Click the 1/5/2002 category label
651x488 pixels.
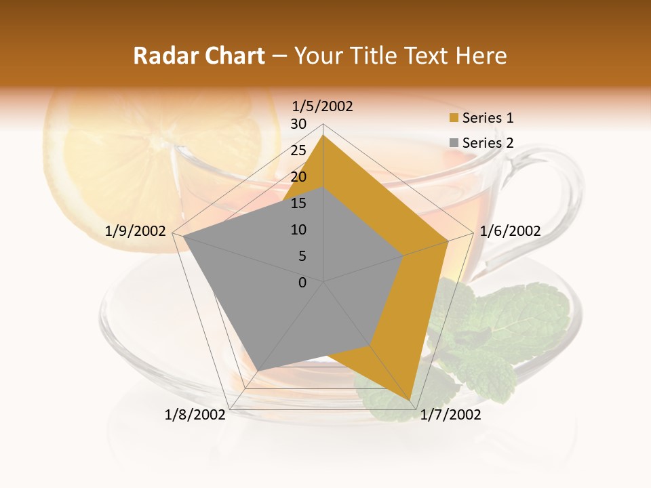coord(322,106)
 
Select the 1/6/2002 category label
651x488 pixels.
coord(510,231)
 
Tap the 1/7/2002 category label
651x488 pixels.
coord(450,415)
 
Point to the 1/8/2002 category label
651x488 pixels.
coord(195,415)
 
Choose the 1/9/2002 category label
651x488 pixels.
coord(136,231)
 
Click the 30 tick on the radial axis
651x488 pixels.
coord(298,124)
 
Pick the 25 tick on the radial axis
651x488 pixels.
coord(298,150)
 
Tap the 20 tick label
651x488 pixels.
coord(298,177)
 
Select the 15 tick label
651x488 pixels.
coord(298,203)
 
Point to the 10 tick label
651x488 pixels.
coord(298,230)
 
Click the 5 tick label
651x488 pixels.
coord(302,256)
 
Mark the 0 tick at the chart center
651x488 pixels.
coord(302,283)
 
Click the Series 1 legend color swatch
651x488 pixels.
coord(454,119)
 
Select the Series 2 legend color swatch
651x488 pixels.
coord(454,143)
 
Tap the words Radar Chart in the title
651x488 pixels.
coord(199,56)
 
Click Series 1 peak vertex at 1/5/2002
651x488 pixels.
coord(323,135)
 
